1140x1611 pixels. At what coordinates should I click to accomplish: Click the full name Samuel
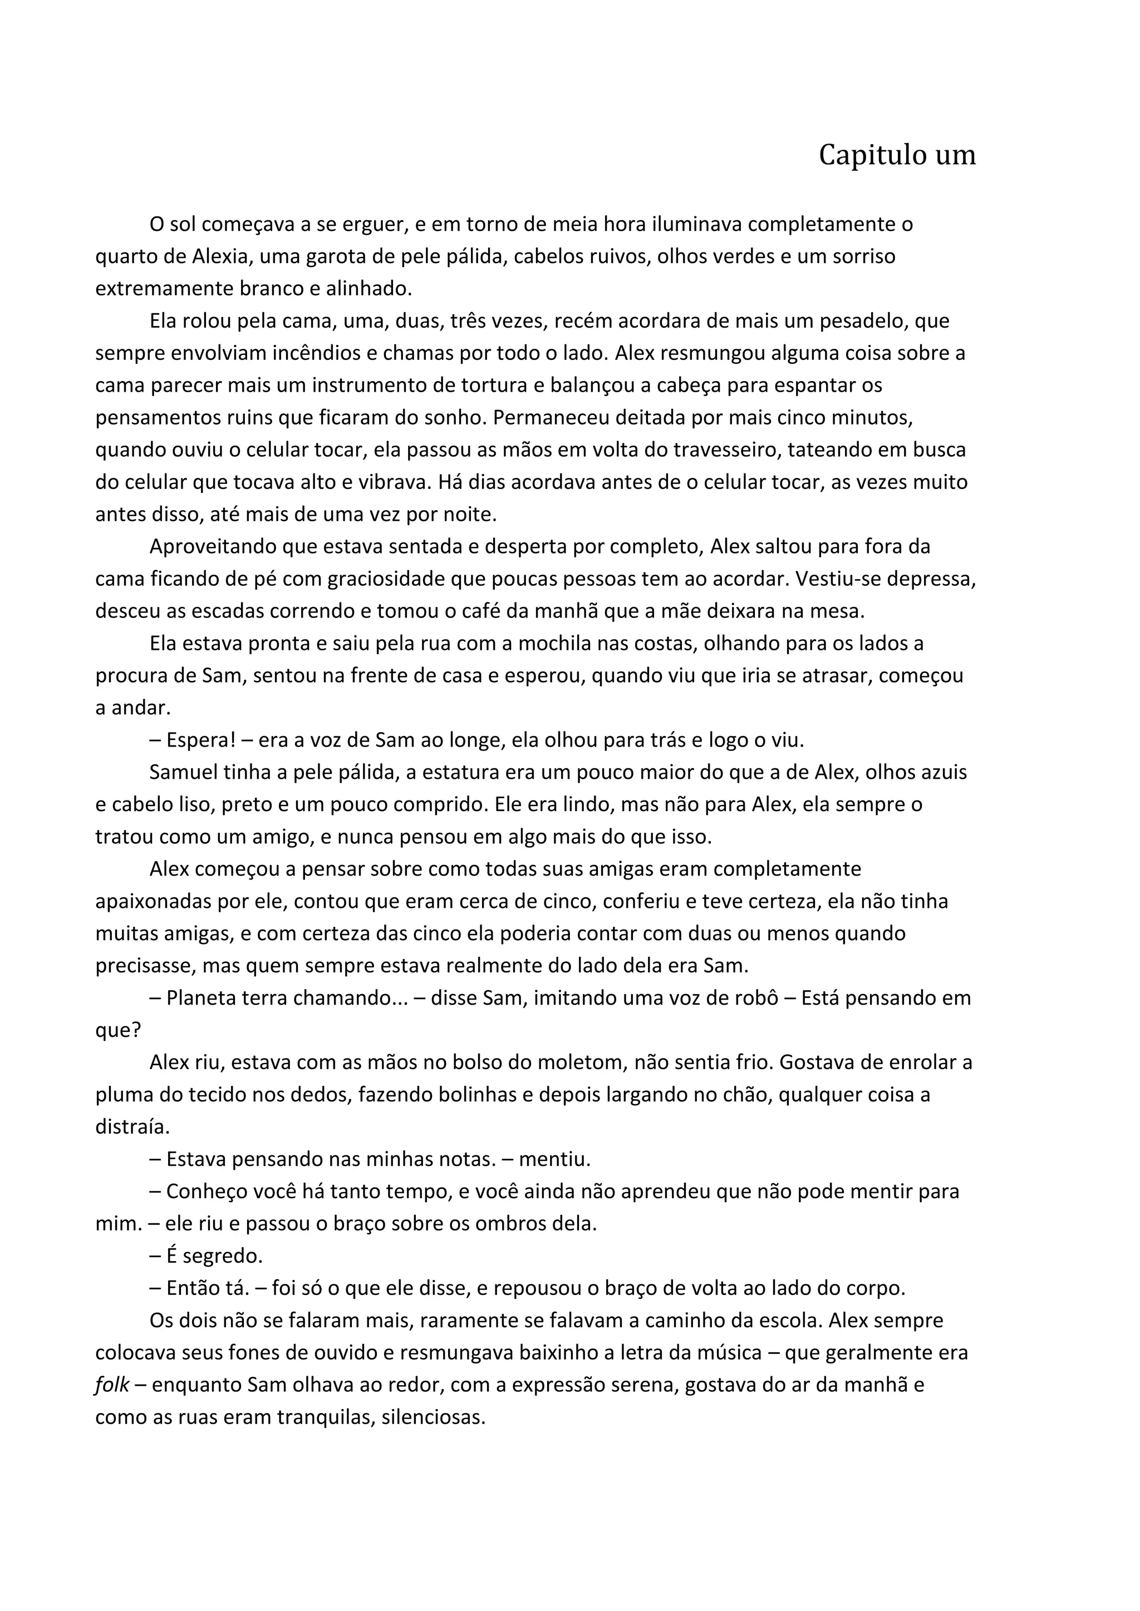183,773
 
